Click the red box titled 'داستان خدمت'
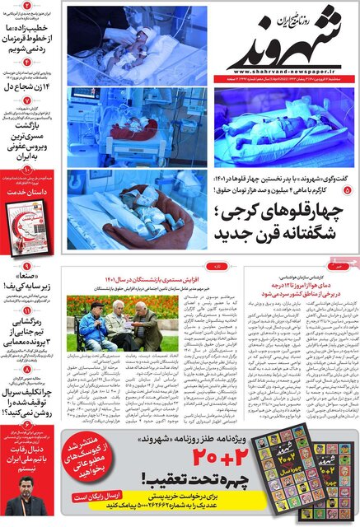[30, 190]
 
